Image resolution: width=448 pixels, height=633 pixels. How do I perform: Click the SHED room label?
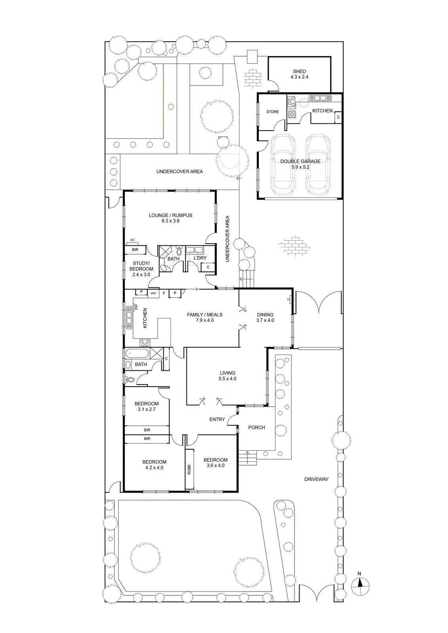pos(299,72)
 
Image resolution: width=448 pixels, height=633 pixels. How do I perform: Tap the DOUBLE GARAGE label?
pos(300,161)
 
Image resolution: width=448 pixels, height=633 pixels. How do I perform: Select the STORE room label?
pos(272,112)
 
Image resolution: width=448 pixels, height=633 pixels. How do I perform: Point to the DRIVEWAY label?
pos(316,479)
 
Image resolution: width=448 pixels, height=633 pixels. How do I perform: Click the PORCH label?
pos(256,428)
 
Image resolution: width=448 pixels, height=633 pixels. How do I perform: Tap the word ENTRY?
pos(217,419)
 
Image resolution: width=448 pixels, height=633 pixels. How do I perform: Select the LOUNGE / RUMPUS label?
pos(171,215)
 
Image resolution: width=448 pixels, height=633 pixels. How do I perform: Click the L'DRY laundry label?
pos(200,258)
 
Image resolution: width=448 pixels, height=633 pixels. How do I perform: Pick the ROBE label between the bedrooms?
pos(189,469)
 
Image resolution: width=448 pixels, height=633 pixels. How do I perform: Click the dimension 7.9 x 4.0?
pos(204,320)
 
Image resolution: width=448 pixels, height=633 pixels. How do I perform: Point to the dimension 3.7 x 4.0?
pos(265,320)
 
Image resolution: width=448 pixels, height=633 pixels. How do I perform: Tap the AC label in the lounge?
pos(133,240)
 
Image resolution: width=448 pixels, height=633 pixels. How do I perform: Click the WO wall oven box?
pos(153,293)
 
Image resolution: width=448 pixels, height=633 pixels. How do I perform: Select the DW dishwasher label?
pos(135,307)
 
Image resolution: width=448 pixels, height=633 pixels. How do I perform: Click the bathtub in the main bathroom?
pos(137,353)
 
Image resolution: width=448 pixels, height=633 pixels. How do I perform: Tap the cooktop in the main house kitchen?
pos(145,343)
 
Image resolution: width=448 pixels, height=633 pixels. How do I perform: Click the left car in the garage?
pos(282,165)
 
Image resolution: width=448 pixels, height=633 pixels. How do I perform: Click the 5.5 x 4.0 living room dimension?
pos(227,379)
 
